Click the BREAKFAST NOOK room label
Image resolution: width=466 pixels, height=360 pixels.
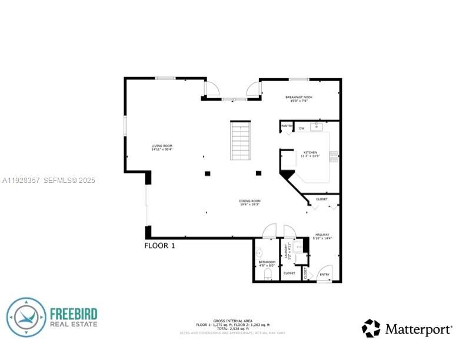pyautogui.click(x=299, y=97)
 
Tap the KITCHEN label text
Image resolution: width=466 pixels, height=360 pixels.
pyautogui.click(x=309, y=152)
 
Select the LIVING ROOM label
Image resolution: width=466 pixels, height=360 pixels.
pyautogui.click(x=162, y=146)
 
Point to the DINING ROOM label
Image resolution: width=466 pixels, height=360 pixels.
pyautogui.click(x=249, y=201)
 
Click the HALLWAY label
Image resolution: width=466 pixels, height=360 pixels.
pyautogui.click(x=322, y=234)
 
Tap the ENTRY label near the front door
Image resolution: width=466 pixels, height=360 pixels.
pyautogui.click(x=324, y=275)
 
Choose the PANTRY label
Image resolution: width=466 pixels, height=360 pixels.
pyautogui.click(x=287, y=126)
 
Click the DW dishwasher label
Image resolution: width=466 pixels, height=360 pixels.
pyautogui.click(x=301, y=128)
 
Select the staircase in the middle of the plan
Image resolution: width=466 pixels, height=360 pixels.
pyautogui.click(x=241, y=141)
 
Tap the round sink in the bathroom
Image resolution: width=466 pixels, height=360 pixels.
pyautogui.click(x=259, y=253)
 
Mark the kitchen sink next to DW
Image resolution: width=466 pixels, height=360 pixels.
pyautogui.click(x=318, y=126)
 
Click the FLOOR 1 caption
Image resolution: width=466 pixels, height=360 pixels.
pyautogui.click(x=159, y=246)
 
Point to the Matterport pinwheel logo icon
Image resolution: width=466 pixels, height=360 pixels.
pyautogui.click(x=371, y=328)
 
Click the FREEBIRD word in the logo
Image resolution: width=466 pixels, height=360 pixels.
pyautogui.click(x=74, y=314)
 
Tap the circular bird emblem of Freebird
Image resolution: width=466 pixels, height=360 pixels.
pyautogui.click(x=26, y=318)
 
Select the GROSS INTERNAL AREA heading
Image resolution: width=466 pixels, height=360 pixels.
pyautogui.click(x=233, y=321)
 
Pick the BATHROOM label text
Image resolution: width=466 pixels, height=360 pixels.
pyautogui.click(x=267, y=262)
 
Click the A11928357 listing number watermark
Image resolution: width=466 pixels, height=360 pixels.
pyautogui.click(x=21, y=181)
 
